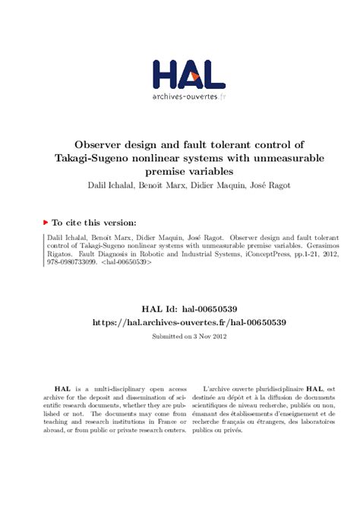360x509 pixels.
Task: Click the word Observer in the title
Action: [103, 144]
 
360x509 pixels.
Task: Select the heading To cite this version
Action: [93, 223]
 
